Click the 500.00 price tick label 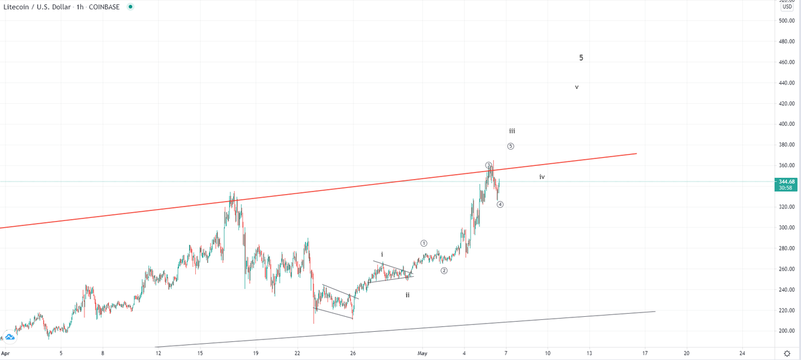point(787,21)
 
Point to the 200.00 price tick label point(787,331)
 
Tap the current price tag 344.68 point(787,182)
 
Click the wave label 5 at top point(581,58)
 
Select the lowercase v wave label point(576,87)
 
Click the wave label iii point(512,131)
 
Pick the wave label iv point(542,177)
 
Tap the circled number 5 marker point(511,147)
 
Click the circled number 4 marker point(500,204)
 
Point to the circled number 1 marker point(424,243)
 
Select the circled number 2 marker point(444,270)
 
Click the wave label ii point(407,294)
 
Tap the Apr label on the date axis point(5,353)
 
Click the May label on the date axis point(422,353)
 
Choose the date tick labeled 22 point(297,353)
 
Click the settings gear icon point(787,353)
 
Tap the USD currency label point(787,7)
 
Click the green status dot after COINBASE point(130,6)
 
